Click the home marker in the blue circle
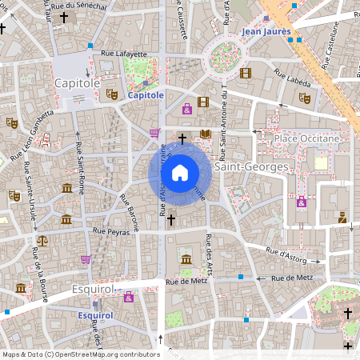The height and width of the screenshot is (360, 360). click(180, 172)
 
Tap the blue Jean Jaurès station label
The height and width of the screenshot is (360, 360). click(265, 31)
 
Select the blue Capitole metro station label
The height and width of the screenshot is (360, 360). click(146, 95)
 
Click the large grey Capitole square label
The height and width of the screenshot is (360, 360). click(77, 82)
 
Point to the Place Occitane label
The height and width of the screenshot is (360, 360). click(307, 138)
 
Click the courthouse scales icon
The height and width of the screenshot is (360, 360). click(42, 239)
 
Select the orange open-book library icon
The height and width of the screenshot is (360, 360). click(206, 134)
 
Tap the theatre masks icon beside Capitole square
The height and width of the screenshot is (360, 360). click(112, 94)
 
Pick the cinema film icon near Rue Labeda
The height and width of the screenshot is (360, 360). click(245, 73)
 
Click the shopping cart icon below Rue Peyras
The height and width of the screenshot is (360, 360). click(86, 259)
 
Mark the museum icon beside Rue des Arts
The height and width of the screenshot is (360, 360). click(186, 258)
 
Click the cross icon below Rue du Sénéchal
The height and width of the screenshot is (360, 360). click(64, 16)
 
